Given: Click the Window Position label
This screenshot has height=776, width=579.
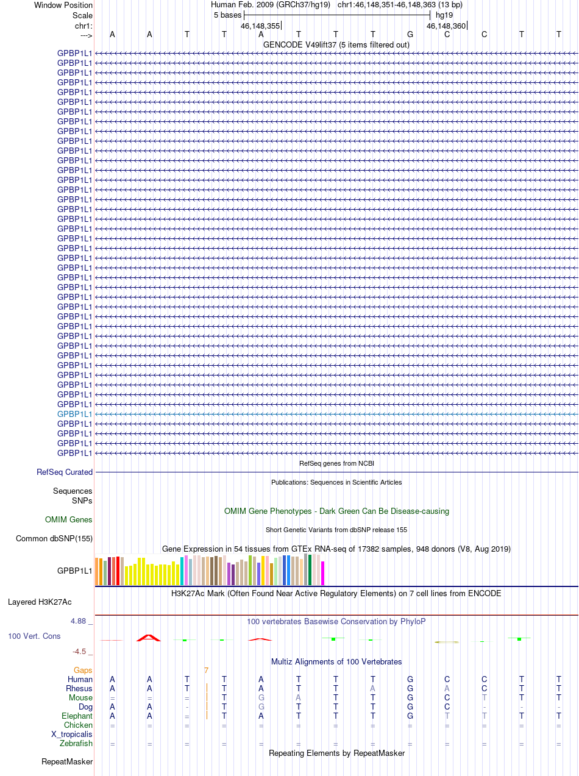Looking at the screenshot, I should tap(63, 5).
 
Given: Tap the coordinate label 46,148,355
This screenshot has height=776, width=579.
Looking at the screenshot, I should tap(260, 26).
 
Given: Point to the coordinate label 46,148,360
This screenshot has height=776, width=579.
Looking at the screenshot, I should tap(446, 26).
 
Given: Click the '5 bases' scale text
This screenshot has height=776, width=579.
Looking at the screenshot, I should tap(227, 15).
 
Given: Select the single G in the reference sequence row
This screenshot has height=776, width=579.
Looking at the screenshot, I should tap(410, 34).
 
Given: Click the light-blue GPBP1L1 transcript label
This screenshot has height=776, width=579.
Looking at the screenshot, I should tap(74, 414).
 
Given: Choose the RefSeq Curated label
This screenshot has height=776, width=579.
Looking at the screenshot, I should tap(65, 472).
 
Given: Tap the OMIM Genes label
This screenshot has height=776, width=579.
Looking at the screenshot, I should tap(69, 520).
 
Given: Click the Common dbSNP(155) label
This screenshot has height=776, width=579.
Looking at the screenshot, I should tap(54, 539).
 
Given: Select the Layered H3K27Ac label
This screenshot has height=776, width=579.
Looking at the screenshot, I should tap(40, 602).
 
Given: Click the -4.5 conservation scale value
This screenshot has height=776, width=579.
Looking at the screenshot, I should tap(82, 652).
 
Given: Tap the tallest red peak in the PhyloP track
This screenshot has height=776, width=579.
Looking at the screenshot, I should tap(149, 638).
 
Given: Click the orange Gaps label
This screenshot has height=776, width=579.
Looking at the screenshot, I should tap(83, 671).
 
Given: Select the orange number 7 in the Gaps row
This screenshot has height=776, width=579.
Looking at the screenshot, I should tap(206, 671).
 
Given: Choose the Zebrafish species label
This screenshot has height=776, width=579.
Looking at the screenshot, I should tap(76, 744).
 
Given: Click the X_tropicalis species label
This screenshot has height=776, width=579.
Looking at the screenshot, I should tap(72, 735).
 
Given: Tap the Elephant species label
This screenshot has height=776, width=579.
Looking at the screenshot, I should tap(77, 716).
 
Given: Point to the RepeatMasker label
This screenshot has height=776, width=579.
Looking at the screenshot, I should tap(67, 762).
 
